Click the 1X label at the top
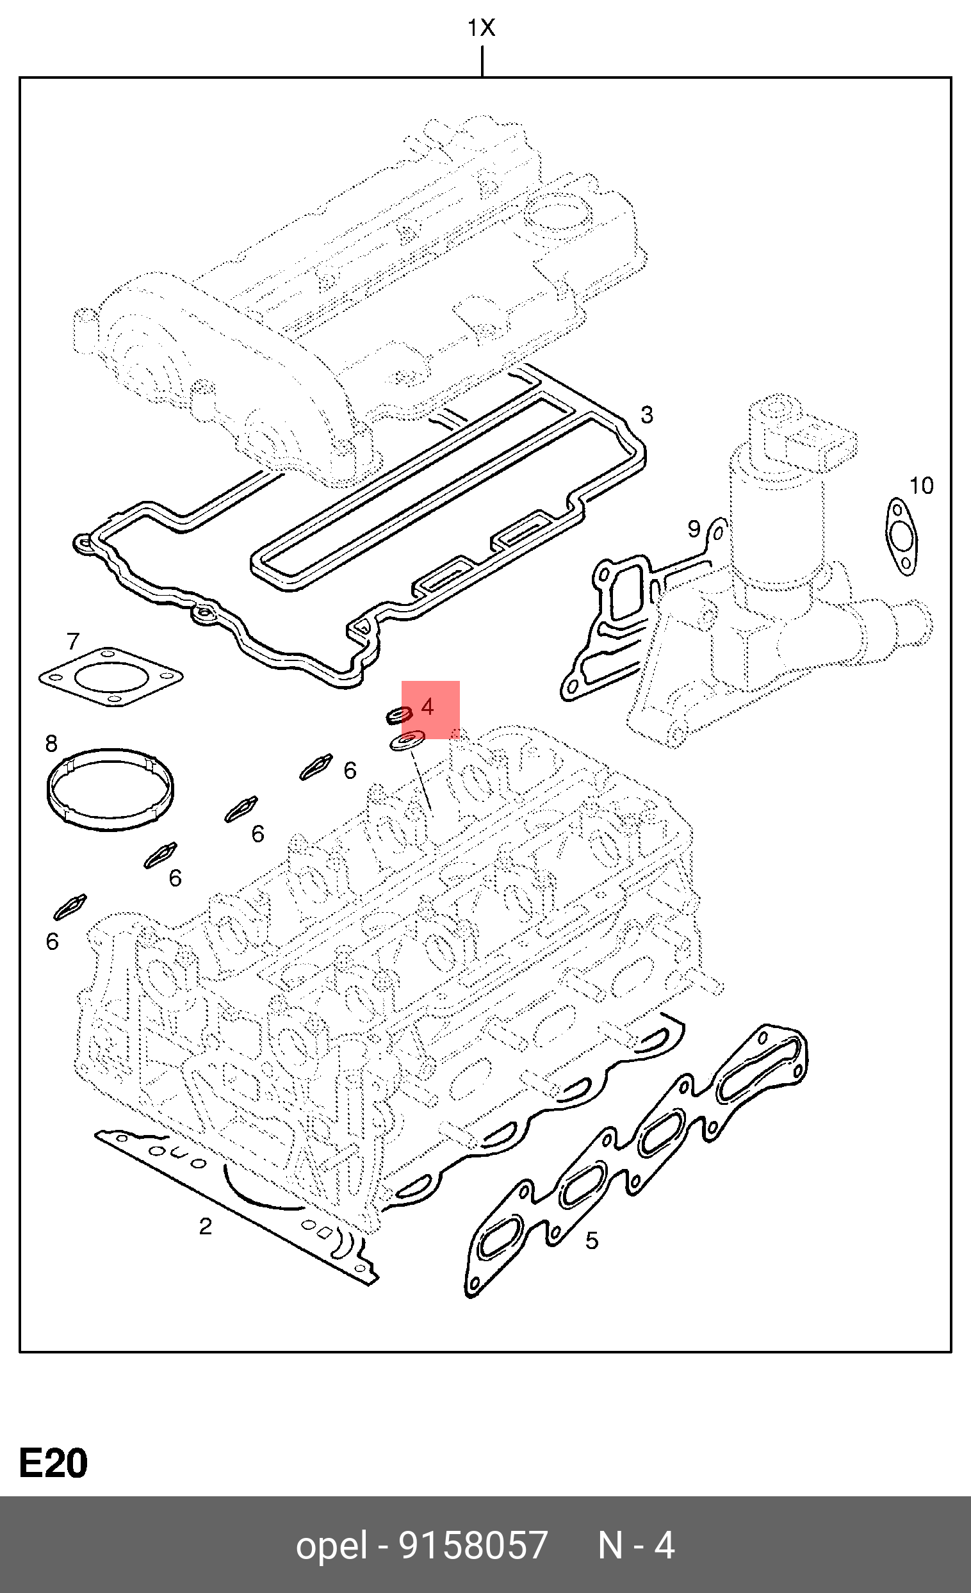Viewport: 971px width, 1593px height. [481, 28]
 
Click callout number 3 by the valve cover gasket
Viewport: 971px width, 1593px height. [646, 414]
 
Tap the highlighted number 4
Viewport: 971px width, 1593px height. [427, 706]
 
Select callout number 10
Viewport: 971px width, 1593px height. [921, 486]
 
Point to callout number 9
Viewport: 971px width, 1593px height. [694, 528]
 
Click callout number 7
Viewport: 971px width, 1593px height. [73, 641]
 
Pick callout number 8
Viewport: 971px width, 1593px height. [52, 744]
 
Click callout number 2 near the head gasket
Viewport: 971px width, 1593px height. [206, 1226]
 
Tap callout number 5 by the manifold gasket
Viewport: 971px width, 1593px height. [592, 1240]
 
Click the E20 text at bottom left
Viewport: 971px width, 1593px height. [54, 1463]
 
